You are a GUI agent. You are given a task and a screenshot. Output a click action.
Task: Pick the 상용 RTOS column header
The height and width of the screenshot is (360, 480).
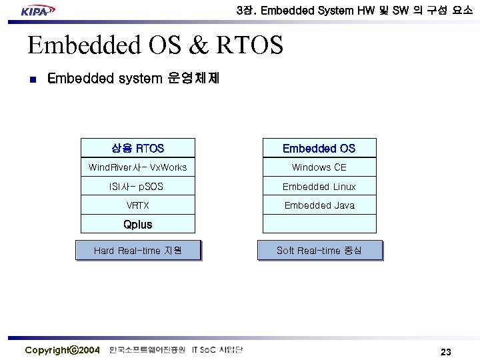coord(138,148)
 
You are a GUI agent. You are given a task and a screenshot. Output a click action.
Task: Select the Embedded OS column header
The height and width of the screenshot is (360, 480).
coord(319,148)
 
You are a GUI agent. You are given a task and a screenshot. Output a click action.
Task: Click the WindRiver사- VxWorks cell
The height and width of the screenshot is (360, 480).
coord(138,167)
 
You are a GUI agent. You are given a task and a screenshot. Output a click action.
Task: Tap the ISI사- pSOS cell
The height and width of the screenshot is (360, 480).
coord(138,187)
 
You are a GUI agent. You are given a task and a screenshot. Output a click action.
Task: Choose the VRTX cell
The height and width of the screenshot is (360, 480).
coord(138,205)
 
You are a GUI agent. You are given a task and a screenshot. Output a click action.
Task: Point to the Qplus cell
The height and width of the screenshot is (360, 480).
coord(138,224)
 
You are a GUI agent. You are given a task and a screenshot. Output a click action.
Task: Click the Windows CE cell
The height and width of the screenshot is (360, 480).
coord(319,167)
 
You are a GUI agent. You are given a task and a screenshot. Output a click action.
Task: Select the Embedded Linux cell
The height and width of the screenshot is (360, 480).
coord(319,187)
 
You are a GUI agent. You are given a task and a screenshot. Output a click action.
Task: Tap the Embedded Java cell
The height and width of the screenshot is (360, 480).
coord(319,205)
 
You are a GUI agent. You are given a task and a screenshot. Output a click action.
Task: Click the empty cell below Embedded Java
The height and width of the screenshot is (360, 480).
coord(319,224)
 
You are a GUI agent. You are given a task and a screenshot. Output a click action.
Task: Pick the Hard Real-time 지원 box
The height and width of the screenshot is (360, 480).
coord(138,251)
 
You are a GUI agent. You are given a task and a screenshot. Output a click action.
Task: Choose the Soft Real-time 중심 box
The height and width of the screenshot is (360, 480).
coord(319,251)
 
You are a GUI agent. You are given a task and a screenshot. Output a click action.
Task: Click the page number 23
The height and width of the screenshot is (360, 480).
coord(446,351)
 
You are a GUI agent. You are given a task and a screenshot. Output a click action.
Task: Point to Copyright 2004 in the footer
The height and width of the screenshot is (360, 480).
coord(62,350)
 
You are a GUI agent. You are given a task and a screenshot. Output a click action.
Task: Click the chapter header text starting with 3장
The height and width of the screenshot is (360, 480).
coord(354,11)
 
